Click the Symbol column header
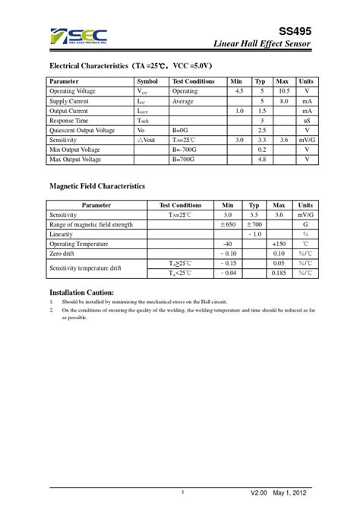click(x=147, y=81)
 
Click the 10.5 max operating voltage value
click(x=282, y=91)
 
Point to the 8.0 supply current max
click(x=282, y=101)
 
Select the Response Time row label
click(x=69, y=121)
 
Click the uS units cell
click(x=307, y=121)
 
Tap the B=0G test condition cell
click(x=184, y=131)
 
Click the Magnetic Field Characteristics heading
click(x=97, y=186)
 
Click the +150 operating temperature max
click(x=279, y=245)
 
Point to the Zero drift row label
click(x=63, y=254)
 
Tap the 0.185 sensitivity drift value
click(x=279, y=273)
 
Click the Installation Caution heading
click(x=82, y=292)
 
